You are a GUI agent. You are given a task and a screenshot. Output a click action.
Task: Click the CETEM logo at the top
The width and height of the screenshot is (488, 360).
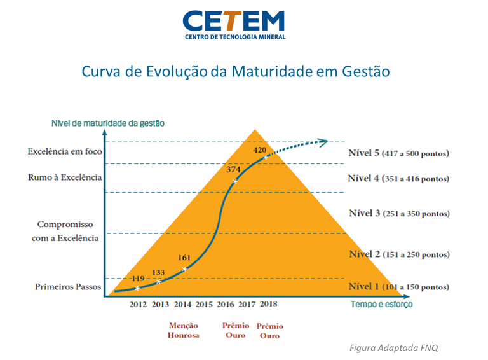click(234, 24)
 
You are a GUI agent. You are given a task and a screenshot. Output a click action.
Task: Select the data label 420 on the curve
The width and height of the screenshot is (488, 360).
click(260, 150)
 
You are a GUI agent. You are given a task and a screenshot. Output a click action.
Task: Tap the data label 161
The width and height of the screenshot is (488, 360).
click(184, 258)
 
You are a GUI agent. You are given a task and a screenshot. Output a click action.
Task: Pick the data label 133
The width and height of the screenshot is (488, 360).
click(158, 272)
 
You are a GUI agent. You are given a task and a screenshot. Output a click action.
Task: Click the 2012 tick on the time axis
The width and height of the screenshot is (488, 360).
click(138, 305)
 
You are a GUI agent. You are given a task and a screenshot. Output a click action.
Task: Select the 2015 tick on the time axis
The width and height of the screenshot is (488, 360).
click(204, 305)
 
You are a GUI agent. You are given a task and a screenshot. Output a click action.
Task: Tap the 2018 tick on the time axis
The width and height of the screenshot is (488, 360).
click(268, 304)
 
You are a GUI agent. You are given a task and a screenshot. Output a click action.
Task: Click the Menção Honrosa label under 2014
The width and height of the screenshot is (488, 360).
click(183, 330)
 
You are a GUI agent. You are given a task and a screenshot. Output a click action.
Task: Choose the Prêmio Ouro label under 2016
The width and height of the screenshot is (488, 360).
click(235, 330)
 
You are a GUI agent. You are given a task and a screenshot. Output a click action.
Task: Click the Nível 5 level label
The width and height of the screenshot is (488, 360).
click(398, 153)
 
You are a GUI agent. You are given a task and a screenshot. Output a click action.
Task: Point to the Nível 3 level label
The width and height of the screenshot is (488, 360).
click(398, 213)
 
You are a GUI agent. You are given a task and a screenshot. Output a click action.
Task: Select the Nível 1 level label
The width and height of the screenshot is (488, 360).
click(398, 287)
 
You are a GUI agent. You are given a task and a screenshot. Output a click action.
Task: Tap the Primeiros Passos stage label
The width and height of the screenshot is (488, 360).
click(68, 287)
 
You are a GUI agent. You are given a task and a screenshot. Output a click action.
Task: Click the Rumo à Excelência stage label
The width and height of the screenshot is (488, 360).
click(65, 177)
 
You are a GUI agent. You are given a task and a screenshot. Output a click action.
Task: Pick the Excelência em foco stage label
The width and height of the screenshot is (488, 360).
click(64, 152)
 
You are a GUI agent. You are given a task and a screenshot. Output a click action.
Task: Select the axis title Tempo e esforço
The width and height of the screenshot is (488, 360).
click(381, 304)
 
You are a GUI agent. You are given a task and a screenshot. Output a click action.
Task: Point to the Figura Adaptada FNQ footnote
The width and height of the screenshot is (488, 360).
click(394, 347)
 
